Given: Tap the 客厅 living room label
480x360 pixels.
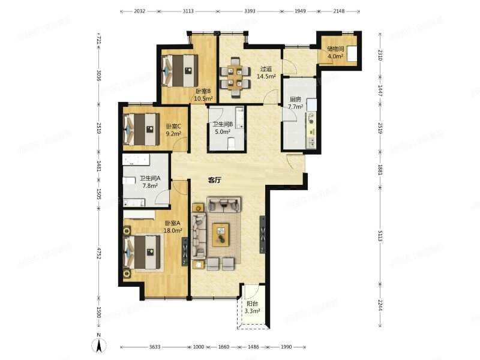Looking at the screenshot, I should (215, 179).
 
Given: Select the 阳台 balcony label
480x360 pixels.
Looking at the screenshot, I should (252, 304).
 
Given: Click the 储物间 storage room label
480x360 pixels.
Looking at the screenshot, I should (335, 49).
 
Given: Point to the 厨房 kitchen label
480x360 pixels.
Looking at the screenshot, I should (295, 100).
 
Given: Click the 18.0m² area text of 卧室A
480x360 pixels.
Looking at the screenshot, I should (173, 230).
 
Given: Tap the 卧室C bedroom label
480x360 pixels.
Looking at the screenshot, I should (173, 126).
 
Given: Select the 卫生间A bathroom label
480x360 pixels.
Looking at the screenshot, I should (150, 178).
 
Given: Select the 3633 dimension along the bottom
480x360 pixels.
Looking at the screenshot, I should (156, 347).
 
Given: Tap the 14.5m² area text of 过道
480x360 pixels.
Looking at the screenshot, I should (266, 76).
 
